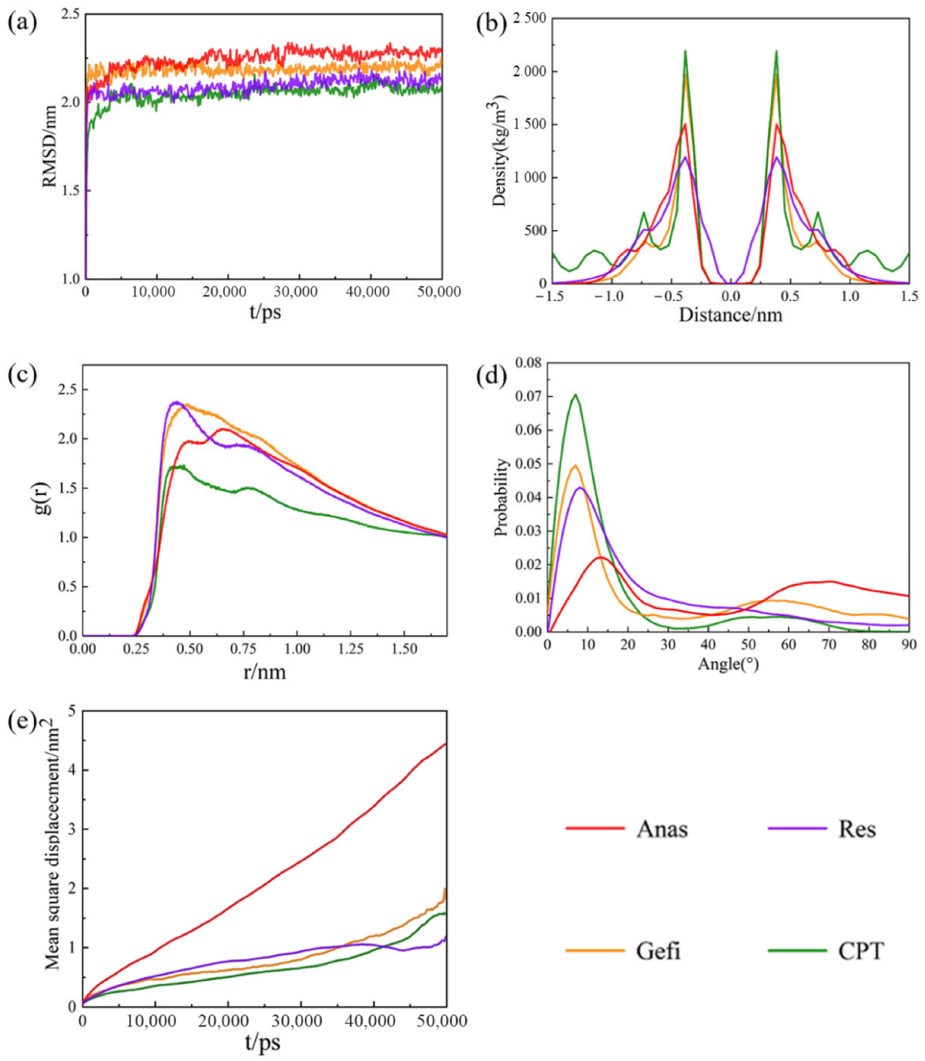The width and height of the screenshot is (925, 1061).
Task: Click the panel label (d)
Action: [491, 377]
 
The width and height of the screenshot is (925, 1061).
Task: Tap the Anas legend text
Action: [662, 829]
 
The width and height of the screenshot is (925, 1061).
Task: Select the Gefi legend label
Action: [658, 951]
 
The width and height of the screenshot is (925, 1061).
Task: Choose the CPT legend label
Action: [860, 951]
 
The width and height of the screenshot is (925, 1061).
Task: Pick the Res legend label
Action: [856, 829]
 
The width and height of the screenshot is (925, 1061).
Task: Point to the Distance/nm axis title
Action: [730, 315]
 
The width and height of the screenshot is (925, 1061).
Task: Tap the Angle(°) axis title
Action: [728, 664]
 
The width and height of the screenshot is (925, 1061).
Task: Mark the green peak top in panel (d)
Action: [575, 395]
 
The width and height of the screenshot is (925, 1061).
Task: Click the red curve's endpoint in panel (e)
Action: [445, 744]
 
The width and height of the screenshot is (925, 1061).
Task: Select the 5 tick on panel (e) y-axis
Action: [72, 711]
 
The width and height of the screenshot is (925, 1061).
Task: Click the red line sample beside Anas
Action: [595, 829]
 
